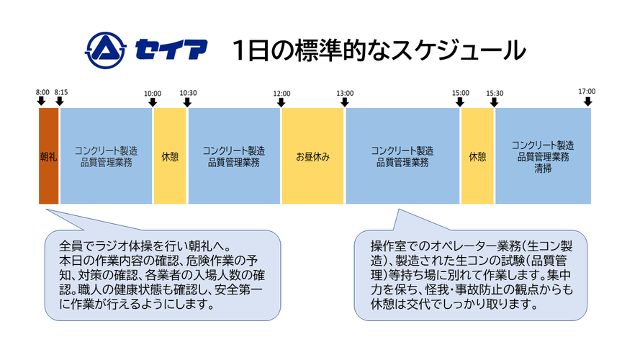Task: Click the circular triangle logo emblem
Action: tap(105, 50)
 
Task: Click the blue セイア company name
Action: tap(171, 50)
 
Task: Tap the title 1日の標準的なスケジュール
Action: tap(379, 50)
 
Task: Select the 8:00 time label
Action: tap(42, 92)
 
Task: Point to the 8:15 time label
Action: tap(60, 92)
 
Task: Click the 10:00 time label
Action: tap(153, 94)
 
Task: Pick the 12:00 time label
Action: tap(281, 94)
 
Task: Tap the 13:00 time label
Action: tap(345, 94)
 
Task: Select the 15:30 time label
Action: tap(495, 94)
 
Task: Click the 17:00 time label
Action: tap(587, 91)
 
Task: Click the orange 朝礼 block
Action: tap(48, 156)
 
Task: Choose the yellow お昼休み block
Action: tap(312, 156)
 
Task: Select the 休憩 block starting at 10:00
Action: tap(170, 156)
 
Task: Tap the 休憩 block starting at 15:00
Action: tap(477, 156)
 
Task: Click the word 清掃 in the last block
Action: tap(543, 168)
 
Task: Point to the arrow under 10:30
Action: tap(187, 102)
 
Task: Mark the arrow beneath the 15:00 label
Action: tap(460, 102)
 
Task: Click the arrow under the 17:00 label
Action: tap(587, 102)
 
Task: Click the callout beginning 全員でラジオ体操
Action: tap(163, 275)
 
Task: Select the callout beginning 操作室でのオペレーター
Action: tap(471, 275)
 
